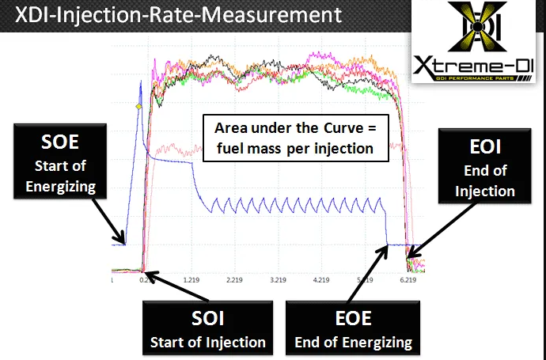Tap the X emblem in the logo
tap(477, 25)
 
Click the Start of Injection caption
tap(208, 342)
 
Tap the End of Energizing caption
tap(353, 342)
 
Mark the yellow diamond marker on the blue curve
tap(138, 106)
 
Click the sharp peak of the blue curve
tap(141, 81)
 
